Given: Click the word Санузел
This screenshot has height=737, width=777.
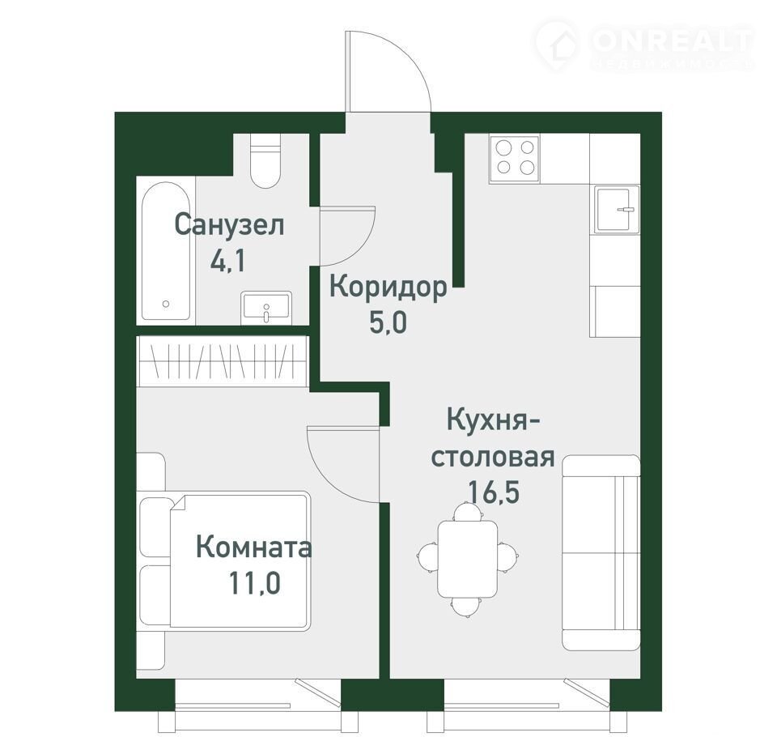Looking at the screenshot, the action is tap(229, 225).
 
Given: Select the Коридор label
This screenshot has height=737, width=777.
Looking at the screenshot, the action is tap(388, 288).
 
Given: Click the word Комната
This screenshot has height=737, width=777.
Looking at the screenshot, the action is tap(253, 547).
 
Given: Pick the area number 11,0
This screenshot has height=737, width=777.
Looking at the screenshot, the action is tap(255, 582).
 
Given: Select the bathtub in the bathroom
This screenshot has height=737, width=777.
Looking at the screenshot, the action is tap(166, 251).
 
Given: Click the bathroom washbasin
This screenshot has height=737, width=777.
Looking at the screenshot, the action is tap(266, 308).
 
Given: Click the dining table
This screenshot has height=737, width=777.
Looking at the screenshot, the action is tap(467, 559).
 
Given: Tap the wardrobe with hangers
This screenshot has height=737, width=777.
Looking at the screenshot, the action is tap(223, 360).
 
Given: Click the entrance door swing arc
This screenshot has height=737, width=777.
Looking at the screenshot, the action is tap(408, 59).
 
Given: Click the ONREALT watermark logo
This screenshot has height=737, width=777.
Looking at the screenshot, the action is tap(644, 44).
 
